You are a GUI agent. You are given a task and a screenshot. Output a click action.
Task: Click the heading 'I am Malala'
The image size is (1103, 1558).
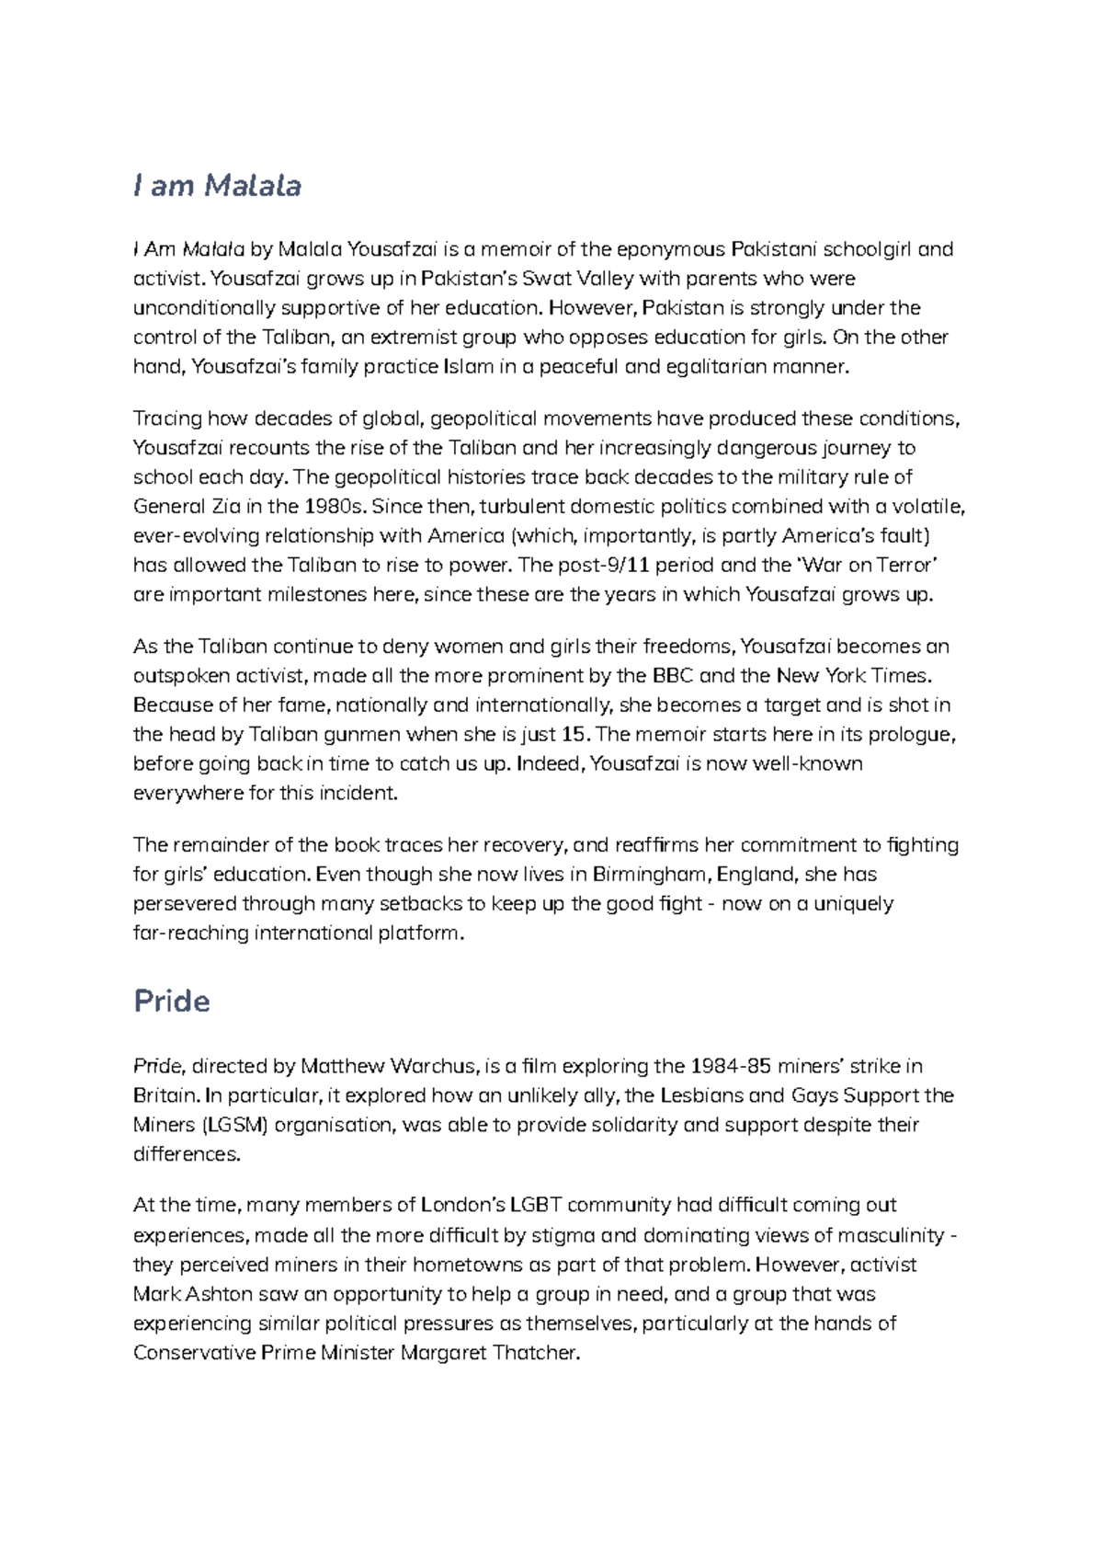pyautogui.click(x=217, y=186)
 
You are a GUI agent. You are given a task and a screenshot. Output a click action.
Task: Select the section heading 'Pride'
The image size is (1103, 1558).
pyautogui.click(x=172, y=1001)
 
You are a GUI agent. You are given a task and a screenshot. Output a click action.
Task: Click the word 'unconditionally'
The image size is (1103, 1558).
pyautogui.click(x=196, y=308)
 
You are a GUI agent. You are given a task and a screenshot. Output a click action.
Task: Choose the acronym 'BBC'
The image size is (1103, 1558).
pyautogui.click(x=673, y=676)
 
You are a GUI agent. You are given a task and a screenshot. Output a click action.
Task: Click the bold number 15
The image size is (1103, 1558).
pyautogui.click(x=573, y=735)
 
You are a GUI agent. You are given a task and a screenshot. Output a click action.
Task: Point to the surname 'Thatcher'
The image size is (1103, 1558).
pyautogui.click(x=537, y=1353)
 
